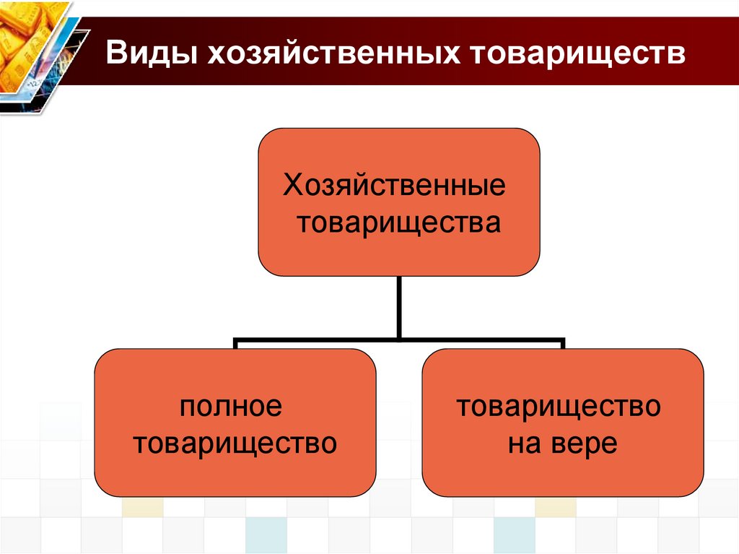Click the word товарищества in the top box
pos(399,222)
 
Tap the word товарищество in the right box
pos(558,406)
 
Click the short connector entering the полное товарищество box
pos(235,343)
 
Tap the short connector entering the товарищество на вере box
pos(563,343)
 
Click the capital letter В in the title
pos(117,56)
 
